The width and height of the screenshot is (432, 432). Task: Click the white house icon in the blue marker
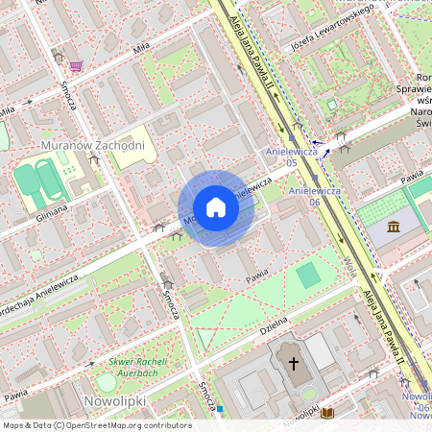tap(216, 208)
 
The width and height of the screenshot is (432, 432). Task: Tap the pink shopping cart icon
tap(75, 65)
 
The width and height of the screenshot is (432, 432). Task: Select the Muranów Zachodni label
tap(93, 146)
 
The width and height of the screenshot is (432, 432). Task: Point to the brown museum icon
tap(395, 227)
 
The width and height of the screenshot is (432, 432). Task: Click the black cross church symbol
tap(293, 363)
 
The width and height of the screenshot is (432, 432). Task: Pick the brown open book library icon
tap(327, 413)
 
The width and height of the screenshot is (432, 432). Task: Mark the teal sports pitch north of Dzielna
tap(308, 276)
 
